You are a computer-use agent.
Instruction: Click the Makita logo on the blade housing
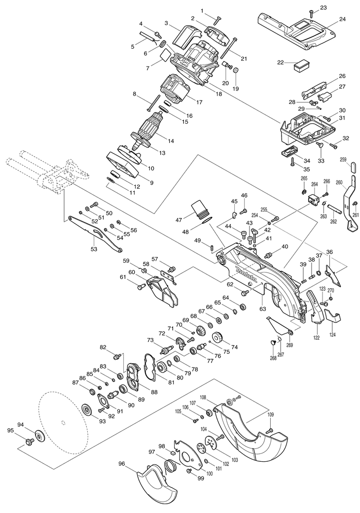click(247, 275)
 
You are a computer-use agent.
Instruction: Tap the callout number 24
click(342, 19)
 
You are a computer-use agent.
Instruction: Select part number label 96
click(122, 463)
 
